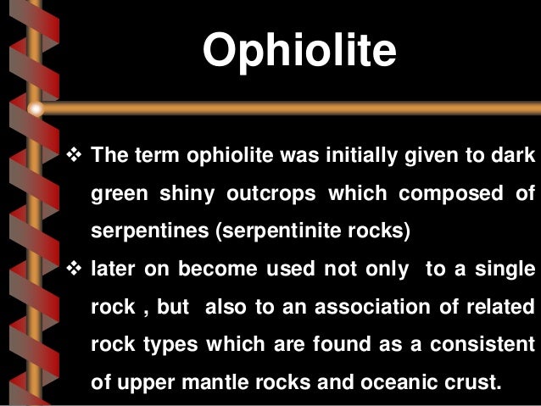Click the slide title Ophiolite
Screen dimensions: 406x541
(299, 53)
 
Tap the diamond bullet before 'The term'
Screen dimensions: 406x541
(72, 157)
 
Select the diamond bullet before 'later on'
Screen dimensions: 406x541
(72, 269)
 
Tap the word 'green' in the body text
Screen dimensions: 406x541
(118, 195)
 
